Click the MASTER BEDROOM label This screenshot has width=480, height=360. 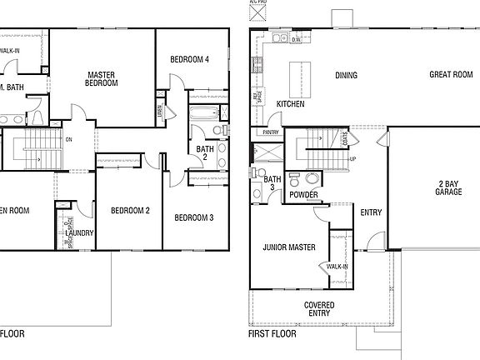(102, 79)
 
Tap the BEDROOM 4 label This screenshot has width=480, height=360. (189, 59)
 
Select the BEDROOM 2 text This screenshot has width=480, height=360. (130, 211)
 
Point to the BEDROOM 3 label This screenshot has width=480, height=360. (194, 217)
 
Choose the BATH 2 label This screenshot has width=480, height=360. (205, 153)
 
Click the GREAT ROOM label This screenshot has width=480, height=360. (451, 74)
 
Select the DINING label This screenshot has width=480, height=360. (346, 76)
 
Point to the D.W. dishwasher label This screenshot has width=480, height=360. (296, 38)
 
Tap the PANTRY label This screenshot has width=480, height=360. (270, 132)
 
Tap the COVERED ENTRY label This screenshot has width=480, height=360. (319, 310)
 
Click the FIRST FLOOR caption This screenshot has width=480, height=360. (272, 333)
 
